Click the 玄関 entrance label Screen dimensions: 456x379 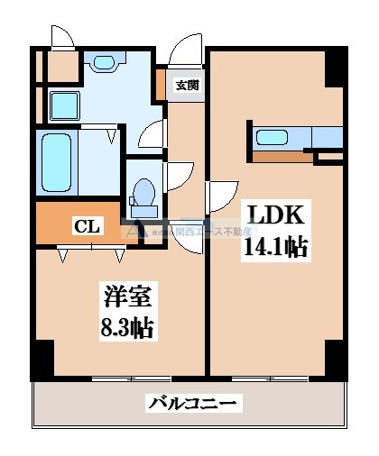click(x=187, y=86)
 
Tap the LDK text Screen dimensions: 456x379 click(x=276, y=217)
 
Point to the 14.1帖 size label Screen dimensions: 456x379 click(x=276, y=248)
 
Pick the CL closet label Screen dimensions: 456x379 click(x=87, y=225)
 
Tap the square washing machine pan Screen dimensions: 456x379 click(x=64, y=106)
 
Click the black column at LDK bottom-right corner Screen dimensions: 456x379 click(x=335, y=360)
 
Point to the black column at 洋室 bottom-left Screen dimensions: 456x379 click(x=42, y=360)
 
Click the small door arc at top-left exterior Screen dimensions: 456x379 click(x=61, y=38)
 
